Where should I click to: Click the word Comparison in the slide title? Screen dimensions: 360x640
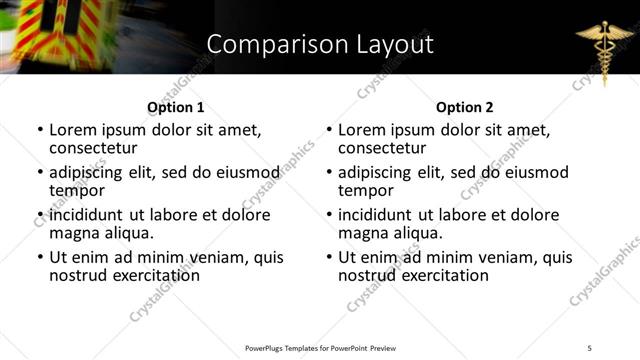pyautogui.click(x=266, y=44)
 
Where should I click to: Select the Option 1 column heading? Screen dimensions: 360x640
pyautogui.click(x=175, y=107)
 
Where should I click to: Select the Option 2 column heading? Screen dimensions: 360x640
pyautogui.click(x=465, y=107)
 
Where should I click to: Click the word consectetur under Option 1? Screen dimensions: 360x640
pyautogui.click(x=92, y=148)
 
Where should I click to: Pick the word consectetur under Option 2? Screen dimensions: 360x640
pyautogui.click(x=381, y=148)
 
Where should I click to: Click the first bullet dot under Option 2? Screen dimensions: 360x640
pyautogui.click(x=328, y=131)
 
